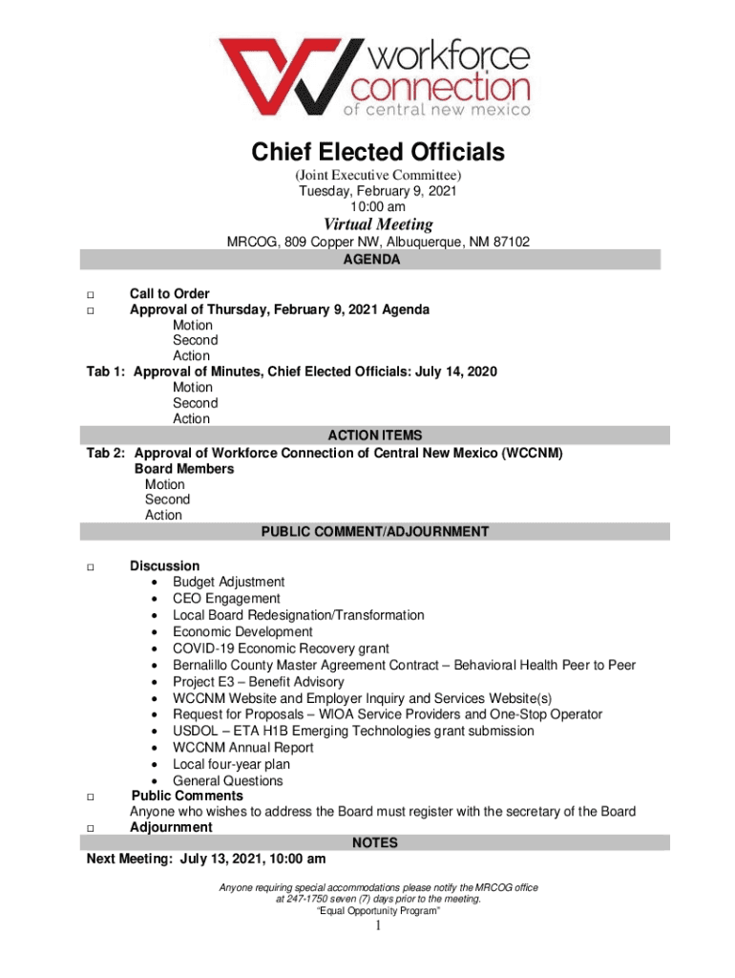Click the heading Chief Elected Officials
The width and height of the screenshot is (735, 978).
coord(377,152)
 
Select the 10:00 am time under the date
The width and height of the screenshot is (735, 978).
coord(377,206)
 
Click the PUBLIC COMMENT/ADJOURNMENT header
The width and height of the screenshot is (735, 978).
coord(375,532)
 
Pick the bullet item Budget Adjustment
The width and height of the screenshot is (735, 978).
coord(228,582)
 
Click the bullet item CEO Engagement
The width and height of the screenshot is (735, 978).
coord(226,599)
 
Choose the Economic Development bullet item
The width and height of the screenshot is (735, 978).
coord(242,632)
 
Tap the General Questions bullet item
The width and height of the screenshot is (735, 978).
coord(227,781)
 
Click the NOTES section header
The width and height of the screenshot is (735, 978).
coord(375,843)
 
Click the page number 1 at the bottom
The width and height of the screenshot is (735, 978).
coord(378,927)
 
